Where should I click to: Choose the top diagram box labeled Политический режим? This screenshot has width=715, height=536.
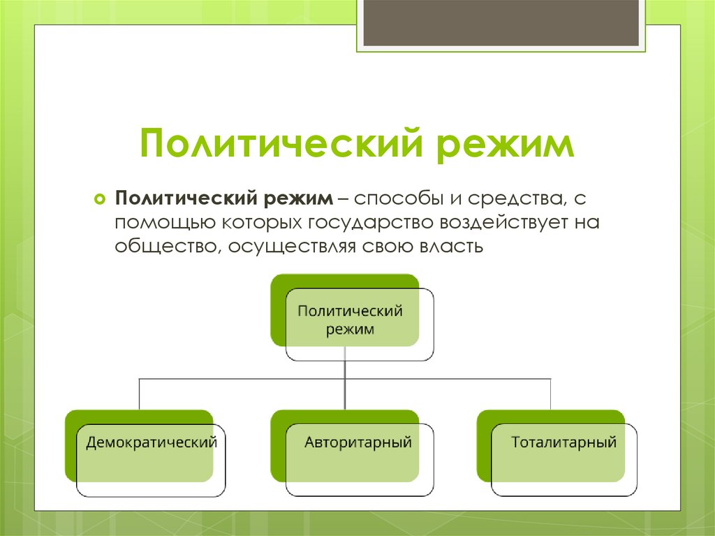coord(351,319)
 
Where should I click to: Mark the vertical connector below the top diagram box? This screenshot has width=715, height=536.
coord(346,384)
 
